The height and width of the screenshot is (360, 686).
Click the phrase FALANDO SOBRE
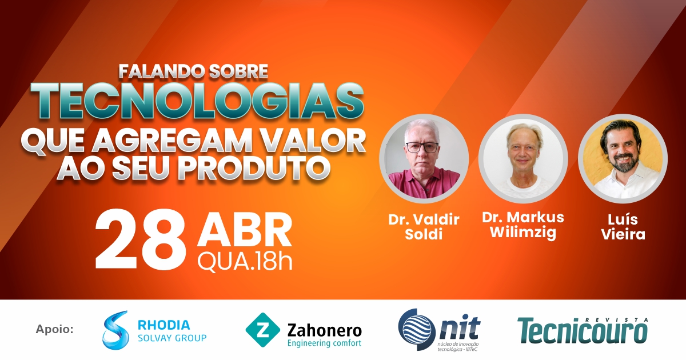[x=193, y=71]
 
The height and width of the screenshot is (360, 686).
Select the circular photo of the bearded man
[x=623, y=159]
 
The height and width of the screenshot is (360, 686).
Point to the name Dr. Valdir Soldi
[x=424, y=227]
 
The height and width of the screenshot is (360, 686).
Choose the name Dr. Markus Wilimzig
[x=523, y=225]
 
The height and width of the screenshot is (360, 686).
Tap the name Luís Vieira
[x=623, y=227]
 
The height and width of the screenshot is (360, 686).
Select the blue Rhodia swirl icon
[x=115, y=330]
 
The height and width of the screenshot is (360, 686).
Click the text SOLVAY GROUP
[x=172, y=338]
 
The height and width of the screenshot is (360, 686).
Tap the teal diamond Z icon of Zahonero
[x=262, y=330]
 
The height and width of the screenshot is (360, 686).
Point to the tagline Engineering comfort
[x=324, y=343]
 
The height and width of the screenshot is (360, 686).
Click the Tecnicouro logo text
[x=583, y=331]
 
